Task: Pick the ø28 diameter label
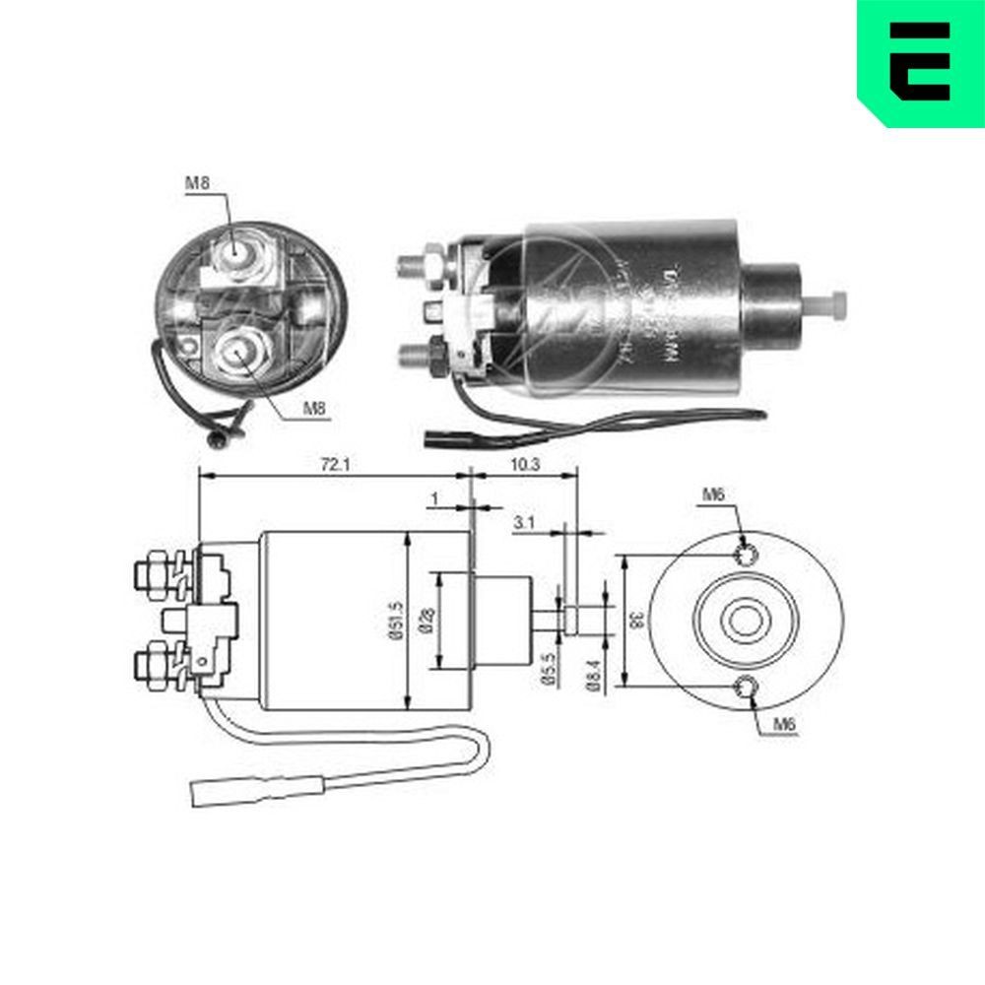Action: click(425, 619)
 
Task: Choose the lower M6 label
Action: click(783, 725)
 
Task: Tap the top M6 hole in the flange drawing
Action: click(747, 556)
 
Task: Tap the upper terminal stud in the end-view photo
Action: click(236, 250)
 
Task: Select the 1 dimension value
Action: click(434, 498)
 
